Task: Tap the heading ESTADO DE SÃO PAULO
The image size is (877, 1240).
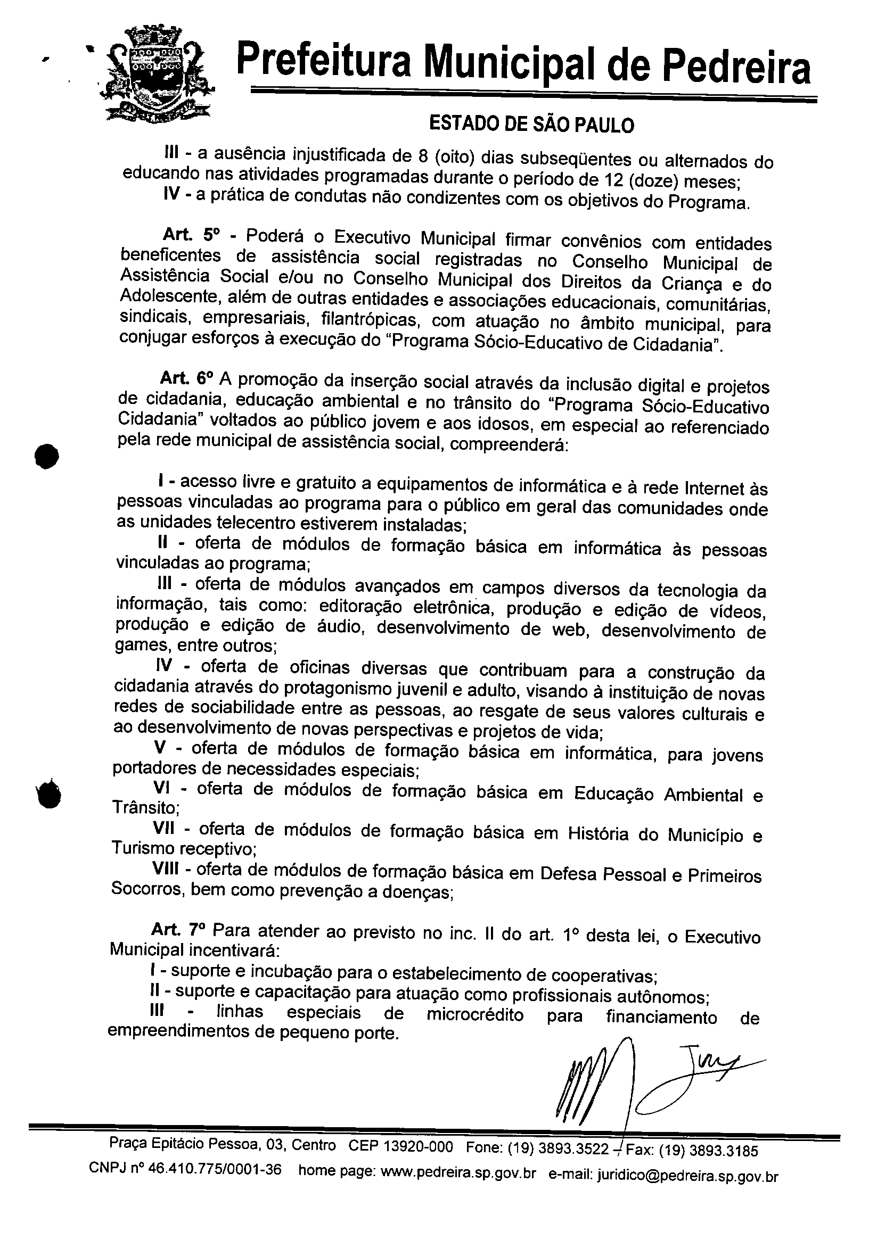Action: pyautogui.click(x=531, y=125)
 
